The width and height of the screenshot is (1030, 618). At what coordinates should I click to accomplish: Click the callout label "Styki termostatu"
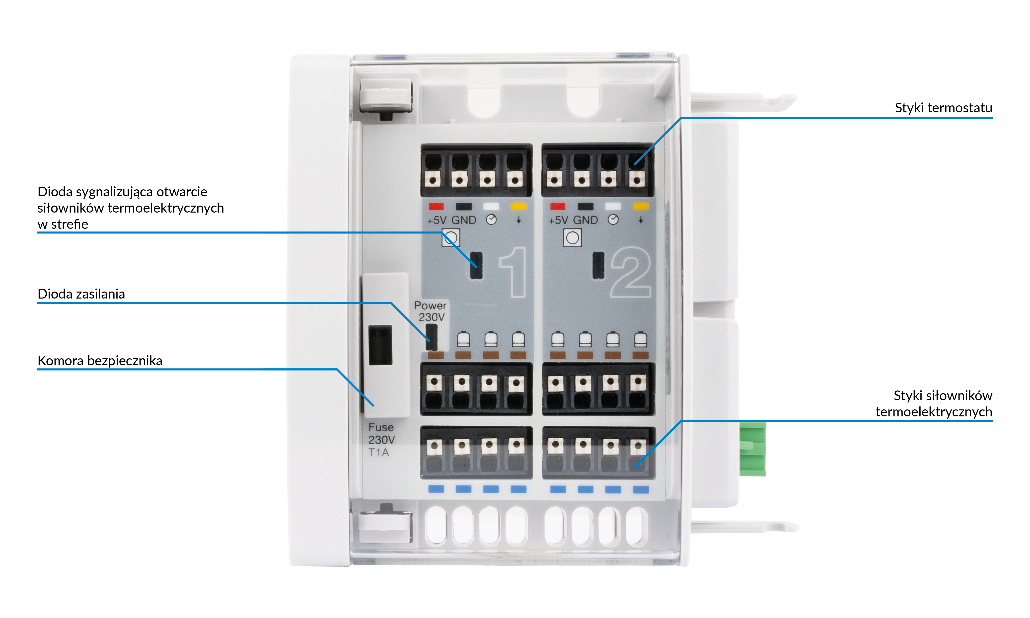(943, 108)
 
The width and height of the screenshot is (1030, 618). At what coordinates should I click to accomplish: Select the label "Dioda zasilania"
(81, 294)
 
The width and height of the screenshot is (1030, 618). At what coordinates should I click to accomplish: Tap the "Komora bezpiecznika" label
(100, 361)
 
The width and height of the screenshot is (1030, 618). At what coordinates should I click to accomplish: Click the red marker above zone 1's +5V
(436, 207)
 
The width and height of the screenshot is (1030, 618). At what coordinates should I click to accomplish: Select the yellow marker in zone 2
(640, 207)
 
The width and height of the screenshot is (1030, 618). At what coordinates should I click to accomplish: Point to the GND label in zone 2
(585, 220)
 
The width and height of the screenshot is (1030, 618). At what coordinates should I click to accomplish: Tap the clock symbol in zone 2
(613, 220)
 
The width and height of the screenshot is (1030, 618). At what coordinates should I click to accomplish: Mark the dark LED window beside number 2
(598, 265)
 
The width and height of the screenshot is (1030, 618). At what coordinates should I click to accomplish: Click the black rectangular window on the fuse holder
(380, 345)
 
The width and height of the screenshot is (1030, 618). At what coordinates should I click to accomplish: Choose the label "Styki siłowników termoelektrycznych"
(934, 403)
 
